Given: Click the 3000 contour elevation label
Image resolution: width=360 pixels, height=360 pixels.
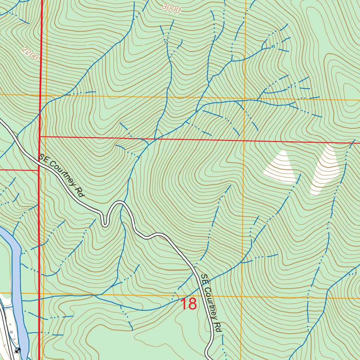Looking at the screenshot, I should click(172, 9).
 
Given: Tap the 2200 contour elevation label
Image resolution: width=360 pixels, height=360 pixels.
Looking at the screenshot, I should click(30, 54).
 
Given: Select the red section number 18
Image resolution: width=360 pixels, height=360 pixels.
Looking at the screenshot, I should click(188, 304).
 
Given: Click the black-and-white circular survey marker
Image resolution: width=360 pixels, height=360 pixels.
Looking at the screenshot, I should click(18, 350).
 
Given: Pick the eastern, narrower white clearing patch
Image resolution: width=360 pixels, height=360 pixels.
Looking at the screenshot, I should click(326, 169).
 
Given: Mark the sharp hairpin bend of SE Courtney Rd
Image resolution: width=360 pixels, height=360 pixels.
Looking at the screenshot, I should click(105, 222).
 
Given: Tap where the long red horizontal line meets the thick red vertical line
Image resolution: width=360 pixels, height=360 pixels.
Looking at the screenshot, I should click(40, 136).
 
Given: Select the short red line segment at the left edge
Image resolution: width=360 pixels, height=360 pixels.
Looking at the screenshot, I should click(18, 170).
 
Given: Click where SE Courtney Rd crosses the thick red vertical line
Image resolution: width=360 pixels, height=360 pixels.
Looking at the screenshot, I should click(39, 161).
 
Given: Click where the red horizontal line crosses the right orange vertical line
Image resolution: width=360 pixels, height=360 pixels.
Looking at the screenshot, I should click(244, 141).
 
